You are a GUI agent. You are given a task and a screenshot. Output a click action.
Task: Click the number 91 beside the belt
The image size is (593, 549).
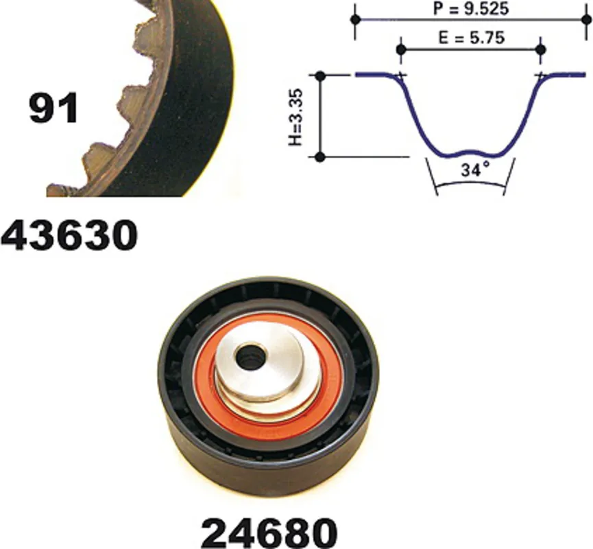(x=53, y=108)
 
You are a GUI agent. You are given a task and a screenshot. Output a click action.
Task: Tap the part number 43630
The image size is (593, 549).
(x=69, y=235)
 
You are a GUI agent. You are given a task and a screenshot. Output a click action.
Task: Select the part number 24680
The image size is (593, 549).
(x=269, y=533)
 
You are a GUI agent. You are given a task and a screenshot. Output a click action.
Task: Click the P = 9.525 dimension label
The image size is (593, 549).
(x=471, y=8)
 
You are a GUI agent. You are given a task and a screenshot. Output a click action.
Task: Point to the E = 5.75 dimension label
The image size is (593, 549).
(x=472, y=38)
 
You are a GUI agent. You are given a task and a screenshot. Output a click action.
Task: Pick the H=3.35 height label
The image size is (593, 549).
(x=295, y=117)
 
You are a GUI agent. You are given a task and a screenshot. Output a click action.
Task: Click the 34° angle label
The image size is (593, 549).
(x=475, y=170)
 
